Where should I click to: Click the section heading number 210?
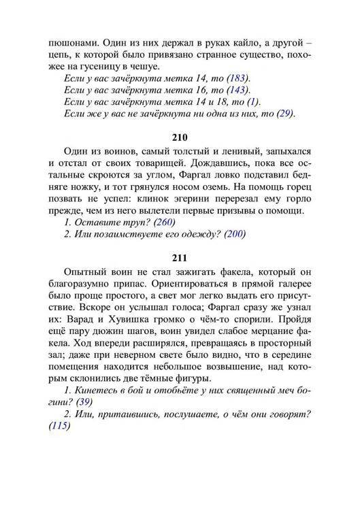pos(180,137)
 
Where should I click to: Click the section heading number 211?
pos(180,258)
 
